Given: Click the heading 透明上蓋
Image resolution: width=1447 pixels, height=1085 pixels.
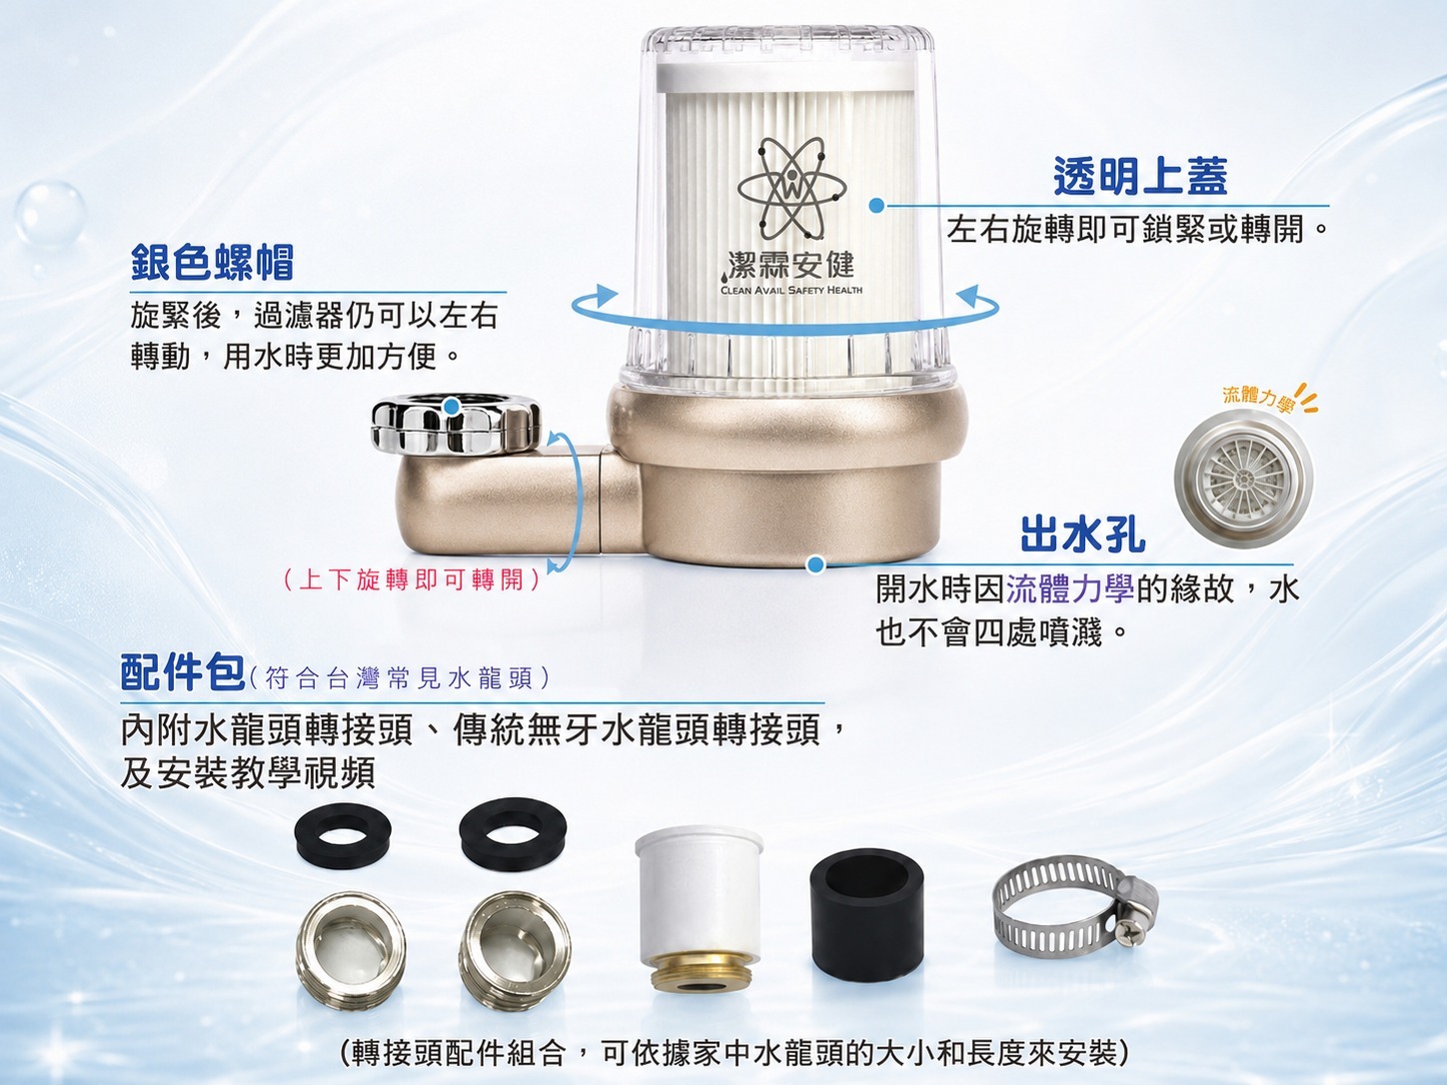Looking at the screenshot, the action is click(1140, 177).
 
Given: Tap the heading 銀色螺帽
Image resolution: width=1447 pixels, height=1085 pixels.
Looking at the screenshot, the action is click(212, 262).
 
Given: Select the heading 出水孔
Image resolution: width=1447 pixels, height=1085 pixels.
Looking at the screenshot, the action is click(1083, 534).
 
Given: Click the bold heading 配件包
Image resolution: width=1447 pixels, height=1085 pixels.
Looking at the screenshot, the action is click(183, 672).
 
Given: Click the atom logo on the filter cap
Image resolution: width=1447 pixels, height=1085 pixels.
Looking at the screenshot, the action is click(791, 189).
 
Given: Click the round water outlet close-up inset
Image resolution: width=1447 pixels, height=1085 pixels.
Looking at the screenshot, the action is click(1242, 479).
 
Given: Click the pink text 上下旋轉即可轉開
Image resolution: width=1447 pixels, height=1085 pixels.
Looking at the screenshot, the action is click(411, 580).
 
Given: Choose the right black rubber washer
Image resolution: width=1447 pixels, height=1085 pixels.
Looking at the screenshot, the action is click(513, 831).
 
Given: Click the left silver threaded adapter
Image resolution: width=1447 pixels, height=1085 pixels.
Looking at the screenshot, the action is click(350, 943).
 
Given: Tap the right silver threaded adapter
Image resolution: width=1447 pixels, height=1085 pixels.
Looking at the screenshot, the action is click(515, 943).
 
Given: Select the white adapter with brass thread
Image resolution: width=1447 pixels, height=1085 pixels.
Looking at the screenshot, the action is click(699, 909).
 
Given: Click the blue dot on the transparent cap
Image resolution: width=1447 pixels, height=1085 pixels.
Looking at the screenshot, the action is click(876, 206).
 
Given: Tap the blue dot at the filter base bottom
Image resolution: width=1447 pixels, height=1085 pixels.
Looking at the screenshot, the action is click(815, 563).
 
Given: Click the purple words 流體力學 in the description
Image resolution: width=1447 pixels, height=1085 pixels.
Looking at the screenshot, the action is click(1070, 588).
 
